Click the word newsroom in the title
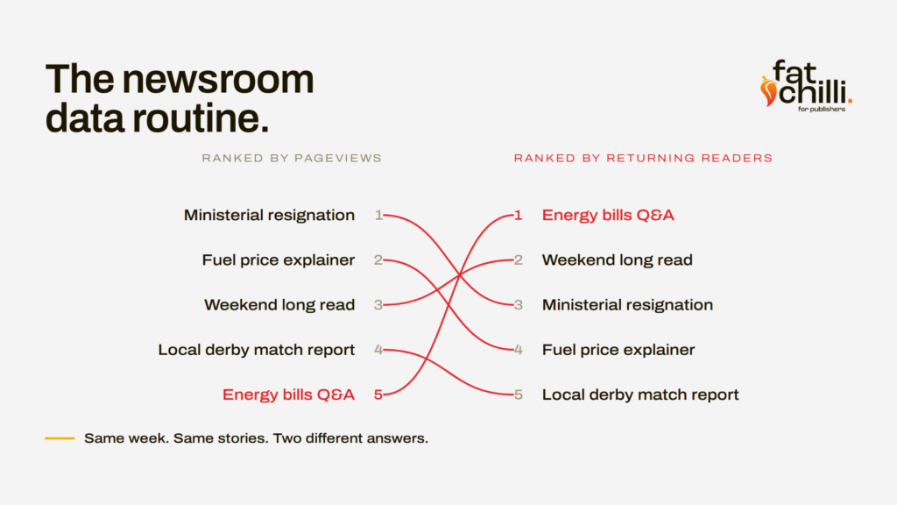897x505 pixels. (x=218, y=79)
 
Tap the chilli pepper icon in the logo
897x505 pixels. (x=768, y=91)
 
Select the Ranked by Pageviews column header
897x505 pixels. (x=291, y=158)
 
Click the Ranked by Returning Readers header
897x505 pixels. (x=643, y=158)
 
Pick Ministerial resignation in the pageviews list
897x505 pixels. (x=269, y=216)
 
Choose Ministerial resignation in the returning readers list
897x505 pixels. (x=627, y=304)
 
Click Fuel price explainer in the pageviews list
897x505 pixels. (x=278, y=260)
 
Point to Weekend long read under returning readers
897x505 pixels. (x=618, y=260)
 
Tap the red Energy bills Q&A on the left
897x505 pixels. (x=288, y=395)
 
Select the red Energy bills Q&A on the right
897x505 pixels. (x=608, y=216)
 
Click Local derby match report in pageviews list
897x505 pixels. (x=257, y=350)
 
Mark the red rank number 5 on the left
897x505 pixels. (x=378, y=395)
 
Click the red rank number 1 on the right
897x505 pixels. (x=518, y=216)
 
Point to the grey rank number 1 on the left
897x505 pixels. (x=378, y=216)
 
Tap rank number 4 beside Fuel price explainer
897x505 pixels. (x=519, y=350)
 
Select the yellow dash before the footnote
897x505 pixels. (x=60, y=438)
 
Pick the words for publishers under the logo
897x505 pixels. (x=822, y=109)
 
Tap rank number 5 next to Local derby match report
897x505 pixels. (x=519, y=395)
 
